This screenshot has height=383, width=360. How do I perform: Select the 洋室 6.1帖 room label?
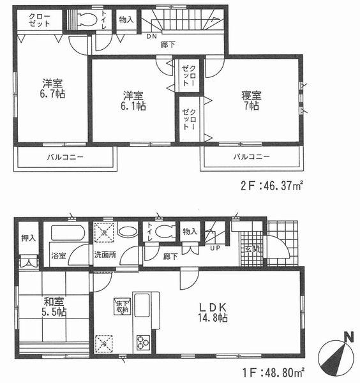[x=134, y=101]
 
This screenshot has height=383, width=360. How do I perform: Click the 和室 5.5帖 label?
[x=55, y=306]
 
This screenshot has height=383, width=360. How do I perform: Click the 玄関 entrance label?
[x=250, y=251]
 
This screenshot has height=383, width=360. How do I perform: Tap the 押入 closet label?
[x=28, y=237]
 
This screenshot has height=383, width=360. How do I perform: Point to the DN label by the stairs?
[x=151, y=37]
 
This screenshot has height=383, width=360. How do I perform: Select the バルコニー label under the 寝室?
[x=250, y=156]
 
